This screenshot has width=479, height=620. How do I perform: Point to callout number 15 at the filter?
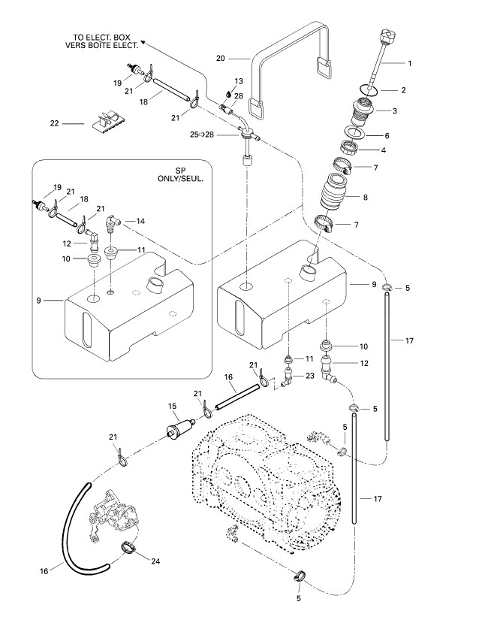pyautogui.click(x=172, y=407)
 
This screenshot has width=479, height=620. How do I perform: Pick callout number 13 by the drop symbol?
pyautogui.click(x=239, y=81)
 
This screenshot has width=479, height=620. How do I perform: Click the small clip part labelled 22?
pyautogui.click(x=108, y=121)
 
